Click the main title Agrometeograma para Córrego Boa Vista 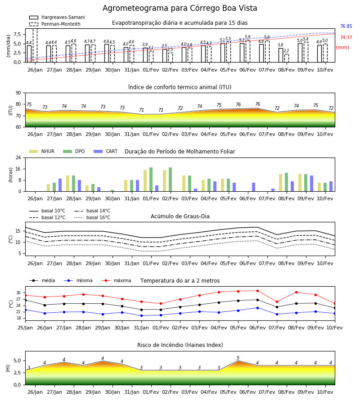[180, 8]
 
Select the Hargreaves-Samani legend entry [57, 17]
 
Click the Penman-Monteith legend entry [55, 24]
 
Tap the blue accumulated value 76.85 [346, 27]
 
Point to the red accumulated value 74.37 [346, 37]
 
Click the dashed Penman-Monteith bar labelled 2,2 [286, 58]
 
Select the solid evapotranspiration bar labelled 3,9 [145, 55]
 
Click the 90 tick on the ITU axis [18, 93]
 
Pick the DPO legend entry [74, 151]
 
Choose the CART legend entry [106, 151]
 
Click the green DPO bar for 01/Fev [151, 180]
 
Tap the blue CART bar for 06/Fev [254, 187]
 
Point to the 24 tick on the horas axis [18, 157]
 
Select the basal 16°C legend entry [92, 217]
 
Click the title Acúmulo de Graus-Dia [180, 216]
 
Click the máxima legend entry [116, 280]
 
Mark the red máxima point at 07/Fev [277, 301]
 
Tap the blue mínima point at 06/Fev [257, 308]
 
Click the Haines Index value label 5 [238, 358]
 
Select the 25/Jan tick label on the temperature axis [25, 328]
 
